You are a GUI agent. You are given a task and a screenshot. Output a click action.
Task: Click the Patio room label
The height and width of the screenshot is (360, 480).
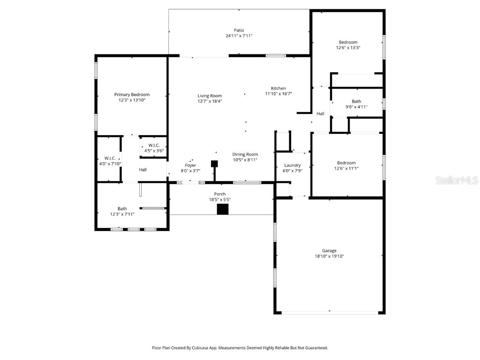(x=239, y=30)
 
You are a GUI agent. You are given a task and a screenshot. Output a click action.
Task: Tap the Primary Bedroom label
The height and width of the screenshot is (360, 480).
(x=132, y=95)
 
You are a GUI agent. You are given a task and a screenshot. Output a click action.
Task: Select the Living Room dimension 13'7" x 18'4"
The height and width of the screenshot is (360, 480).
(x=210, y=101)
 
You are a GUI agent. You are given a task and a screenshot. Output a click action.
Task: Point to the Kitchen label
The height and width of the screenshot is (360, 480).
(x=278, y=88)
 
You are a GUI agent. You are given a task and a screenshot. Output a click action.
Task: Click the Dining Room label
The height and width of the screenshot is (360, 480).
(x=245, y=154)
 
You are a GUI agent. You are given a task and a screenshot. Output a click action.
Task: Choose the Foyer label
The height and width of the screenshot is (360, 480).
(x=190, y=165)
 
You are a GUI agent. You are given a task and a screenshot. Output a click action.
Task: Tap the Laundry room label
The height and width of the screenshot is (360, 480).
(x=292, y=165)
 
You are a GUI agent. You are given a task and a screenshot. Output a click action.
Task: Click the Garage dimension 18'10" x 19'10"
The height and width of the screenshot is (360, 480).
(x=329, y=256)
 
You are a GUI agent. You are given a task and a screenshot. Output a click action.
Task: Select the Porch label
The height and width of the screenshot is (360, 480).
(x=220, y=194)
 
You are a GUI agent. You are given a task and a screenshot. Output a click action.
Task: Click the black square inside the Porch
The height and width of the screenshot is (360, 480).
(x=222, y=209)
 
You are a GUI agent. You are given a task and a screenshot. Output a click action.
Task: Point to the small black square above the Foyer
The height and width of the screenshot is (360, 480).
(x=214, y=164)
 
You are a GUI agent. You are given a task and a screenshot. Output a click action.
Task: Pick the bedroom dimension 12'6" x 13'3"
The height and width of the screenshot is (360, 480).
(x=348, y=48)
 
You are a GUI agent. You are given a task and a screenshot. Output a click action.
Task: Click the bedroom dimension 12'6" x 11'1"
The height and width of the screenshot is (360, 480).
(x=345, y=169)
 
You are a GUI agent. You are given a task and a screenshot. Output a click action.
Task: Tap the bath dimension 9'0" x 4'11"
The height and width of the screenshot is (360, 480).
(x=356, y=107)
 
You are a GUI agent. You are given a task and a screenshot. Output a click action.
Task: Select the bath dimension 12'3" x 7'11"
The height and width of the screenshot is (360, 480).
(x=122, y=214)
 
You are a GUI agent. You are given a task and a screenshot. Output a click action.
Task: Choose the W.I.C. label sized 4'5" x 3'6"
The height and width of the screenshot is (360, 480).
(x=154, y=145)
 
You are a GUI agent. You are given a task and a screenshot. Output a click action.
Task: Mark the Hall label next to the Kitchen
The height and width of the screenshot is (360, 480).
(x=320, y=113)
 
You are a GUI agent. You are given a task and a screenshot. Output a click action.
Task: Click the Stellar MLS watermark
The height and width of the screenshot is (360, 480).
(x=456, y=180)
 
